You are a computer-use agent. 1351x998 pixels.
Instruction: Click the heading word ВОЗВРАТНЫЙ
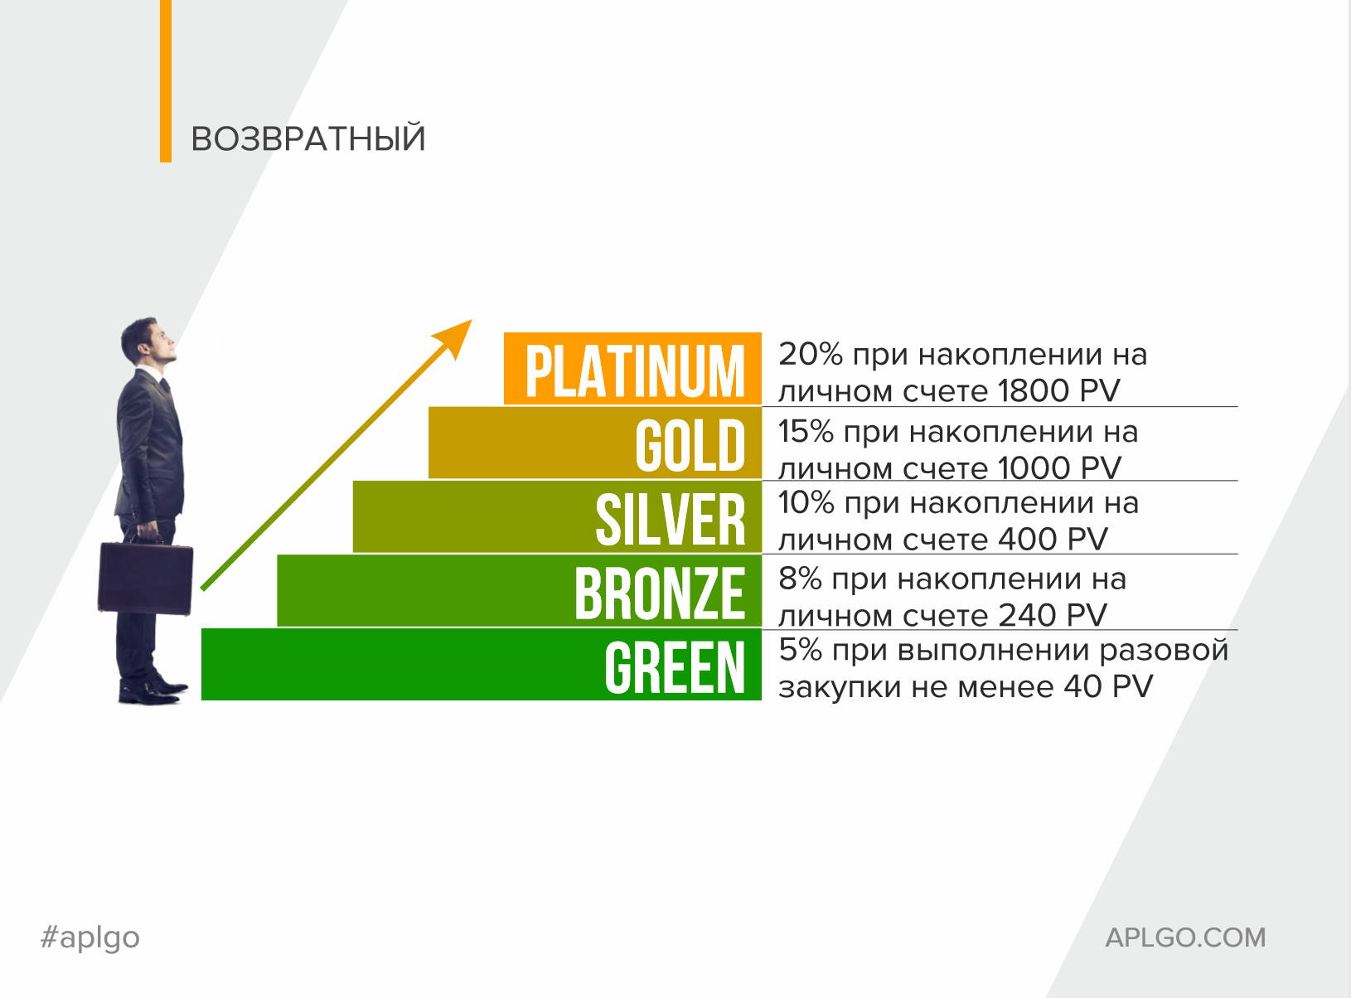click(308, 138)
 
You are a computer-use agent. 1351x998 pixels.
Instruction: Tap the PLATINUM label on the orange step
click(635, 371)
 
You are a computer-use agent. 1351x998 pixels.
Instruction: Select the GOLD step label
click(690, 445)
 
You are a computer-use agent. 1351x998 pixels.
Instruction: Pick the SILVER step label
click(670, 520)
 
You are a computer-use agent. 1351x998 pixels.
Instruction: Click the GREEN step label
click(675, 668)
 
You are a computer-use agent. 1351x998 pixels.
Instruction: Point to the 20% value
click(810, 354)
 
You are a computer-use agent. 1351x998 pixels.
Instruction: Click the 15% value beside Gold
click(806, 431)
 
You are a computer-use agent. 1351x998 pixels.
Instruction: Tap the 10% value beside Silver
click(806, 502)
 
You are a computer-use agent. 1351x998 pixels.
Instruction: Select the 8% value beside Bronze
click(801, 579)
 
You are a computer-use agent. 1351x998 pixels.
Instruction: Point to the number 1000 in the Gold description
click(1034, 468)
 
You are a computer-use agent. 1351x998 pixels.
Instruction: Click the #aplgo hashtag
click(90, 937)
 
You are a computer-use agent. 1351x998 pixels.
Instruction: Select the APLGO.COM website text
click(1185, 937)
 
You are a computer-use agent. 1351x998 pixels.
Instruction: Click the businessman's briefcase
click(146, 576)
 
